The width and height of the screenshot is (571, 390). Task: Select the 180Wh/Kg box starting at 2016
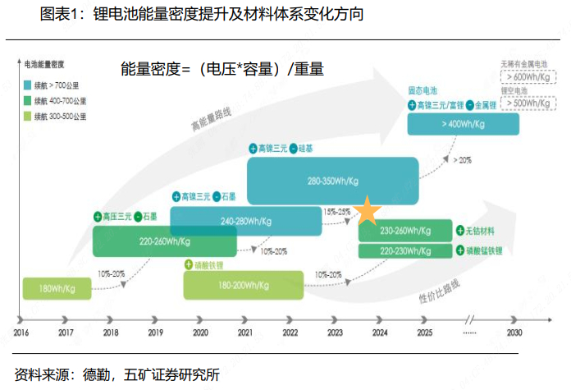pos(57,288)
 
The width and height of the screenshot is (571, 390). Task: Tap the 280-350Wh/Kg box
pos(332,180)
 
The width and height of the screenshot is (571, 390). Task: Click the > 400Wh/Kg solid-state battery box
pos(464,123)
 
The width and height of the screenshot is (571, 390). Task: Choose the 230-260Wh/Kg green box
pos(405,232)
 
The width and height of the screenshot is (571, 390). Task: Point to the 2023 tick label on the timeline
pos(336,333)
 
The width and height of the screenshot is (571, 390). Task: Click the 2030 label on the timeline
pos(514,333)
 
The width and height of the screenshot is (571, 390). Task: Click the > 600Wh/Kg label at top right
pos(528,76)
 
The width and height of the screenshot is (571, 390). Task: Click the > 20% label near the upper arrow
pos(463,159)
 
